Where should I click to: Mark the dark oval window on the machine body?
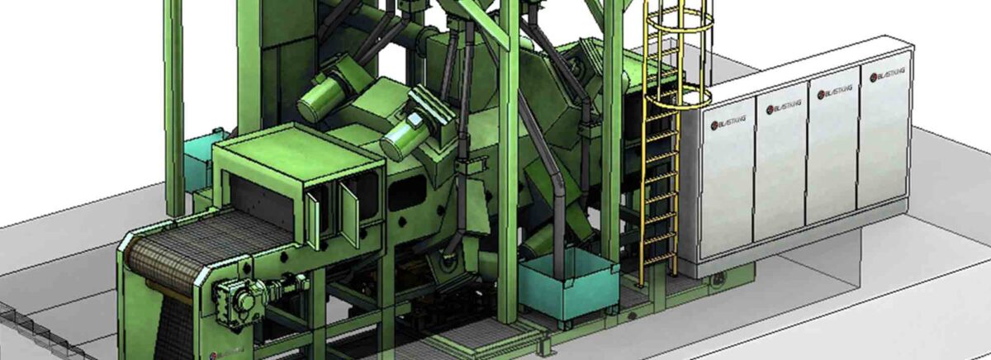click(x=405, y=195)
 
